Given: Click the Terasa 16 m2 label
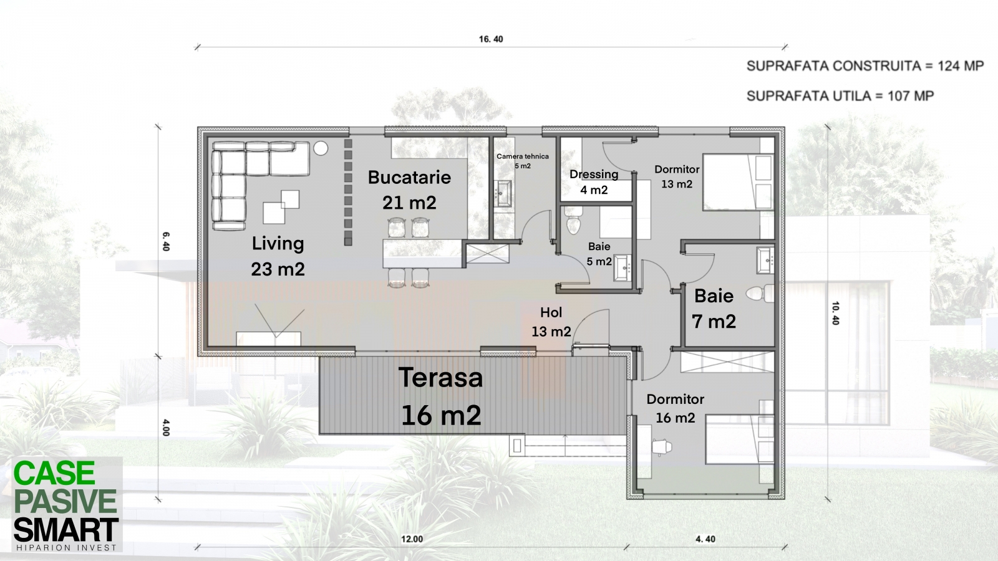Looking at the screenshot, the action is click(x=441, y=396).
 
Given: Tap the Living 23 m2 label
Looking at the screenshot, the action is click(x=278, y=256).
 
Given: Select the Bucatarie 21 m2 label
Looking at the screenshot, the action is click(x=409, y=189).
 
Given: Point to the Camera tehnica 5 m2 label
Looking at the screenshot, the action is click(x=523, y=161).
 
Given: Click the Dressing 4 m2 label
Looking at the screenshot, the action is click(x=594, y=181).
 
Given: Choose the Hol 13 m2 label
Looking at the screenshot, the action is click(x=551, y=322).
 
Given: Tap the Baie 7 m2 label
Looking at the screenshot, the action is click(x=714, y=309).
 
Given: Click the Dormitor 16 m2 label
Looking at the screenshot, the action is click(x=676, y=408).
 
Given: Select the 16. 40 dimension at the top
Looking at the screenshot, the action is click(x=491, y=39).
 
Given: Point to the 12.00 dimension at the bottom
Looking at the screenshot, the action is click(x=412, y=539).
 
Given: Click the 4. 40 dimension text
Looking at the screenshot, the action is click(x=705, y=539).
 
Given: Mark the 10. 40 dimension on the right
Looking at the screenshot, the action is click(x=835, y=313).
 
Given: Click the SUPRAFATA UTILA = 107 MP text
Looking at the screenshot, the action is click(x=840, y=96).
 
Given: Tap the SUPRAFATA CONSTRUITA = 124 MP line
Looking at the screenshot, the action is click(x=865, y=66).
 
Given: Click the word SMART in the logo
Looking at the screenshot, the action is click(x=66, y=530).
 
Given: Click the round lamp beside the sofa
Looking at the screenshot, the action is click(x=321, y=148).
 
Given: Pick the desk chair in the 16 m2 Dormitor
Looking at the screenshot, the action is click(x=662, y=446).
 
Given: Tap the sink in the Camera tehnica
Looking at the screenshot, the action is click(x=504, y=194).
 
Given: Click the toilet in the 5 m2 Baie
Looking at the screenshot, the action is click(x=573, y=222).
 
